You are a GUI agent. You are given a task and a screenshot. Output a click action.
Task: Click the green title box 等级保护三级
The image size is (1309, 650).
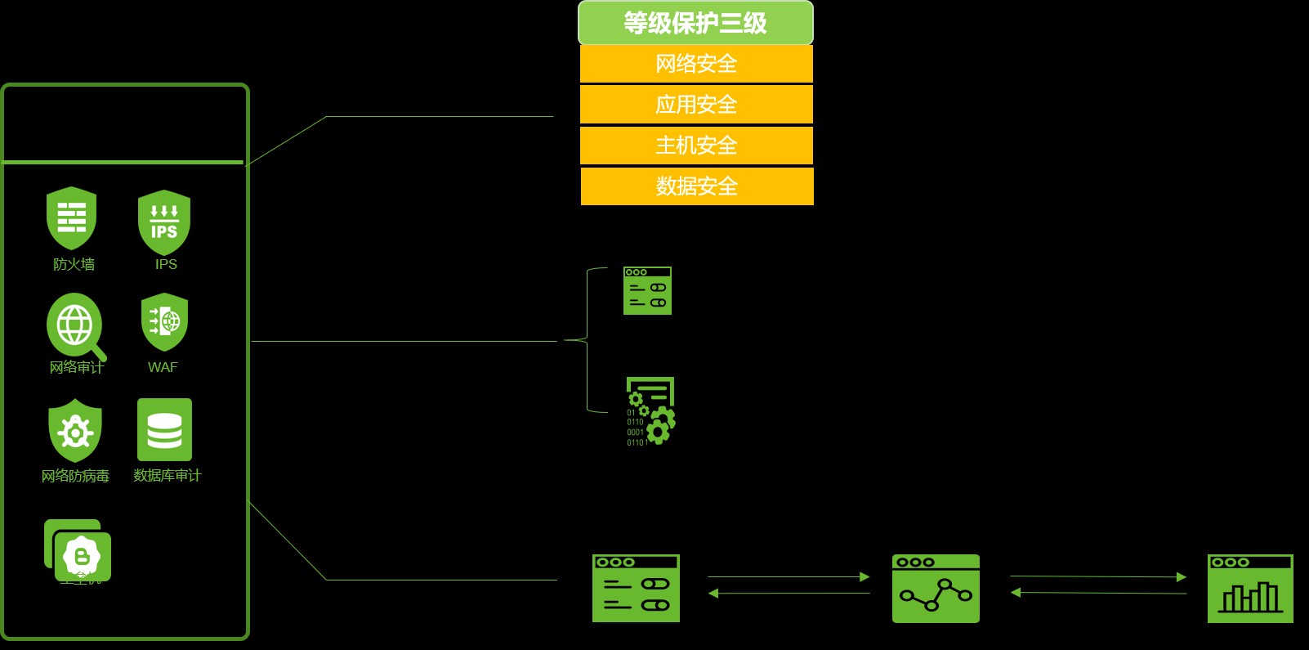click(x=695, y=23)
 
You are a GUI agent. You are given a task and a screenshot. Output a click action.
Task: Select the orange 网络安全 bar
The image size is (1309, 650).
click(x=696, y=64)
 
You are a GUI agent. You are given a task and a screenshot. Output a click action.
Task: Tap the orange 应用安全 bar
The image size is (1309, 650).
click(x=696, y=105)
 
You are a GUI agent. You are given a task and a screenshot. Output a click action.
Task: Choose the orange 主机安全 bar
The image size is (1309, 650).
click(x=696, y=146)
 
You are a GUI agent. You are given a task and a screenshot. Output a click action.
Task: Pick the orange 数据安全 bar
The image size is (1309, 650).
click(x=697, y=186)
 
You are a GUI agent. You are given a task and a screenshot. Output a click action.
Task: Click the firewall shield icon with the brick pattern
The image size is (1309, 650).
click(x=71, y=217)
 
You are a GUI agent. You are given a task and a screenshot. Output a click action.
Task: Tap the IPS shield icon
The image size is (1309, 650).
click(x=164, y=222)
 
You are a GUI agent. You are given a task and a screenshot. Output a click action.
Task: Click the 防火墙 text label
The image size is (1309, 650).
click(x=74, y=264)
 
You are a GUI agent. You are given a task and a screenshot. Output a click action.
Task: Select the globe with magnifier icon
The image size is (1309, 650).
click(x=75, y=325)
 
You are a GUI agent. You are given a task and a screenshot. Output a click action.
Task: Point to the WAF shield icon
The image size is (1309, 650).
click(x=164, y=322)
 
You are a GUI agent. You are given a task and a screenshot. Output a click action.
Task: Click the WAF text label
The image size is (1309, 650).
click(x=163, y=367)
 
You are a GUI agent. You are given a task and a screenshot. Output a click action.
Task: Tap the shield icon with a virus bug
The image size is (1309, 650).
click(x=75, y=430)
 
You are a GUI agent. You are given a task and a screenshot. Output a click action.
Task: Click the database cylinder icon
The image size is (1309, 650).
click(x=164, y=430)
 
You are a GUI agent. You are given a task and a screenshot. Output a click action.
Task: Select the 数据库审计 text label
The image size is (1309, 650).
click(x=167, y=475)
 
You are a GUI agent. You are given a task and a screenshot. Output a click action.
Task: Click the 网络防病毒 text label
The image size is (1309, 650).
click(x=75, y=476)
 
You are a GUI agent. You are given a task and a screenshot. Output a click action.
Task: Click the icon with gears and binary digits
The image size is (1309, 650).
click(x=650, y=411)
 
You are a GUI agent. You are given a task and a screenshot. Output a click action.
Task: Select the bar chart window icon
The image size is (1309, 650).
click(x=1250, y=589)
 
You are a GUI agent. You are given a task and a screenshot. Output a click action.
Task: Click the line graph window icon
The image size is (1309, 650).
click(x=936, y=589)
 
